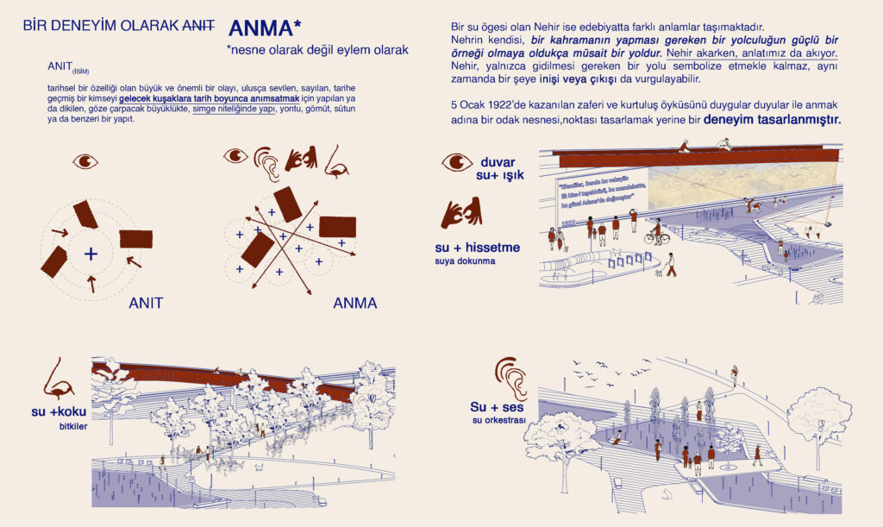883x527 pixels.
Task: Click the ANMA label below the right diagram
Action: (354, 304)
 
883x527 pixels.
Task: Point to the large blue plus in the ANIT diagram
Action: (91, 254)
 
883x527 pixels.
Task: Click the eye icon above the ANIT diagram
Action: (86, 161)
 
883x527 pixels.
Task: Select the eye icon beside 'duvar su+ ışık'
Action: (457, 162)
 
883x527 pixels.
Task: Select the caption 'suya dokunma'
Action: (465, 261)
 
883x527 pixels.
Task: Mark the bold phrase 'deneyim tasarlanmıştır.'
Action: (772, 120)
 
